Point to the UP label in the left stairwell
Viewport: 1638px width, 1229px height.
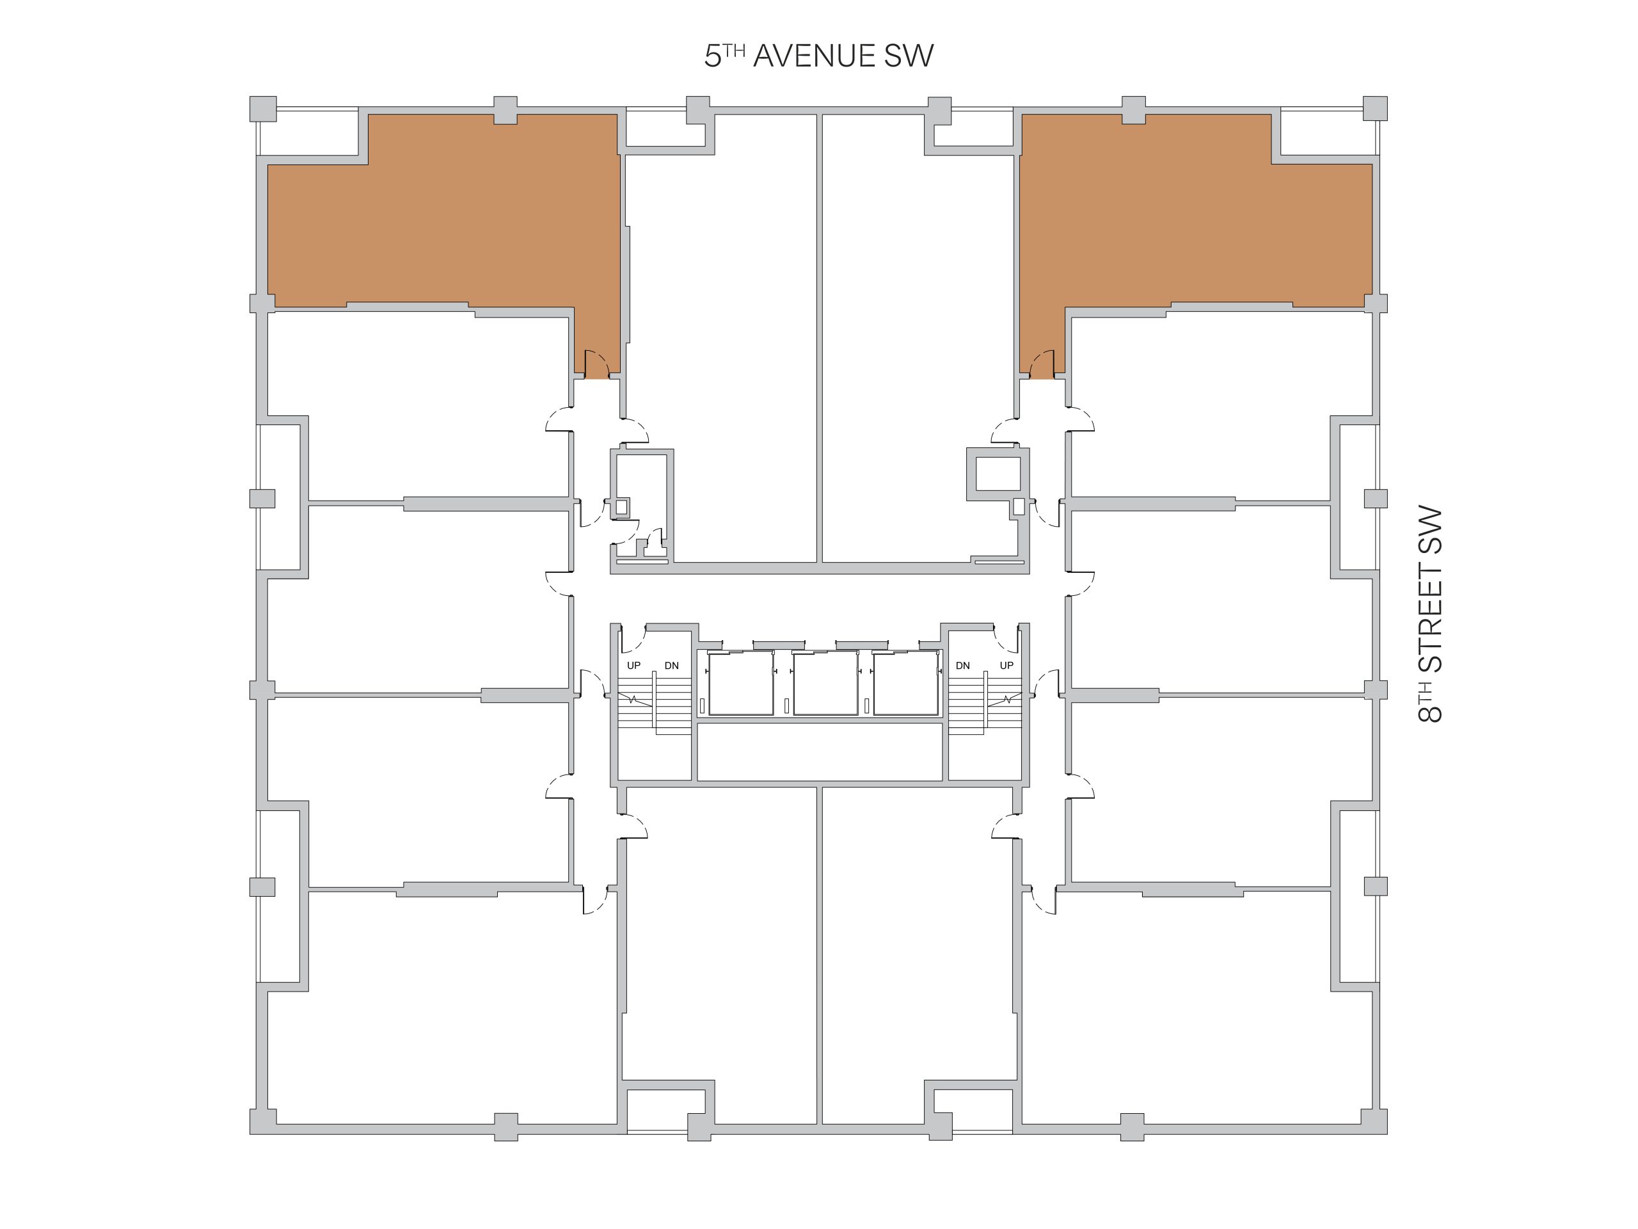coord(634,665)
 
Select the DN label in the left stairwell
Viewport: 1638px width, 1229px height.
coord(672,665)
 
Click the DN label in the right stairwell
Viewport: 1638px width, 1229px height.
coord(963,665)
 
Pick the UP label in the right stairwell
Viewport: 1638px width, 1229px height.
coord(1006,665)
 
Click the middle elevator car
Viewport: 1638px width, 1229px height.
coord(825,683)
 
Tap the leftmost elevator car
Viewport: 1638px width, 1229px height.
coord(740,683)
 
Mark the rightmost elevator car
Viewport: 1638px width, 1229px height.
coord(905,683)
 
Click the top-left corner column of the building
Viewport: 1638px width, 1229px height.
coord(263,109)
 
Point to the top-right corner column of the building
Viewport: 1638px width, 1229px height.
coord(1375,109)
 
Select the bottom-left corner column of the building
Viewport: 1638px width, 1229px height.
coord(263,1121)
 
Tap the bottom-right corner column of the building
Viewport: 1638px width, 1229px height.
coord(1375,1121)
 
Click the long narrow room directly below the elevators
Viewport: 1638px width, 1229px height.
coord(820,751)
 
